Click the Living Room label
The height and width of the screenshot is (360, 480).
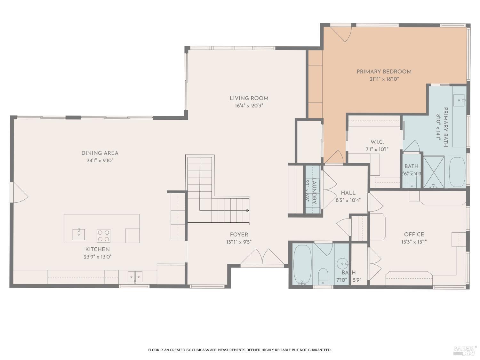(x=249, y=98)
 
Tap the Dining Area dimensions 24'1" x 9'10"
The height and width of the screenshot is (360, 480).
(x=100, y=161)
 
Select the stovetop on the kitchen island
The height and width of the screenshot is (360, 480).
(x=104, y=236)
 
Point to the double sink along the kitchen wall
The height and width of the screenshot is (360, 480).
(x=135, y=276)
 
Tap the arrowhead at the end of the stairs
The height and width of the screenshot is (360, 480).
(x=248, y=211)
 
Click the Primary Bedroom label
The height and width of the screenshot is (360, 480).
(x=384, y=71)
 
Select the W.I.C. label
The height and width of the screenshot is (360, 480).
(x=377, y=142)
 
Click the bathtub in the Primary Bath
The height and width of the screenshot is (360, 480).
(x=457, y=172)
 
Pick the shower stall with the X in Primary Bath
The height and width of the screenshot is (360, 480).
(x=434, y=172)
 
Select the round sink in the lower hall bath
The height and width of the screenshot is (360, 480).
(x=343, y=264)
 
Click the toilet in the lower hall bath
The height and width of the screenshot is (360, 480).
(x=323, y=276)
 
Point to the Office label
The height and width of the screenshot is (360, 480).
(x=414, y=234)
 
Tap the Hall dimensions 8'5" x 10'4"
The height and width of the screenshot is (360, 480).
(x=348, y=201)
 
